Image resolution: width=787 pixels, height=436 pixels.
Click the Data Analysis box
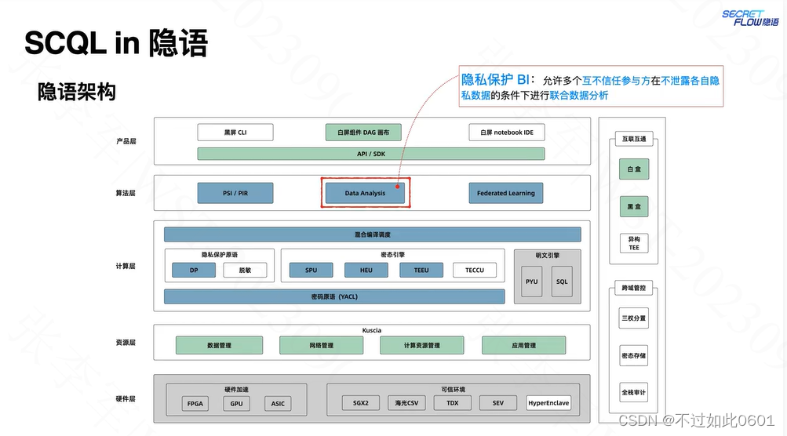(365, 193)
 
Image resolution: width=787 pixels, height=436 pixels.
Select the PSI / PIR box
(235, 193)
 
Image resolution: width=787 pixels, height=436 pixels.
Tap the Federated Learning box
(506, 193)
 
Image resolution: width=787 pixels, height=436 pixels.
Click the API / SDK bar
(371, 154)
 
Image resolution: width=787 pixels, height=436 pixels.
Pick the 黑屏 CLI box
(235, 133)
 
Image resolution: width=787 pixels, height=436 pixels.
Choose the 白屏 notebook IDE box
(506, 133)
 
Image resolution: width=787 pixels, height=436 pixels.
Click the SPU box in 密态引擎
(312, 271)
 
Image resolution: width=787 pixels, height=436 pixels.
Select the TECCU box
(475, 271)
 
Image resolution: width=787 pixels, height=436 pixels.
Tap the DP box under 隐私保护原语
(193, 271)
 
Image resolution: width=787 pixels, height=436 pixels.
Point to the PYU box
(532, 282)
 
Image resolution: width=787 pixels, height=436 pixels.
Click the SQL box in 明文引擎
(562, 282)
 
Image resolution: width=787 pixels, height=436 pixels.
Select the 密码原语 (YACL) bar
(334, 296)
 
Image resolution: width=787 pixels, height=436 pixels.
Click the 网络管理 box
(317, 345)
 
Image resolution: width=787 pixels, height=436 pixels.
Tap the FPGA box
(195, 404)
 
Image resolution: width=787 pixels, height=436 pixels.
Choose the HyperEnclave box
(548, 403)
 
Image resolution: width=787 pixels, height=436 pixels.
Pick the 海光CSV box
(406, 404)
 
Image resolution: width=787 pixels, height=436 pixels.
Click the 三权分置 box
(634, 319)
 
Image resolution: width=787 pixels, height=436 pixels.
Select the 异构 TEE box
(634, 243)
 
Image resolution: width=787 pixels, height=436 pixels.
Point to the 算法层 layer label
(126, 193)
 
